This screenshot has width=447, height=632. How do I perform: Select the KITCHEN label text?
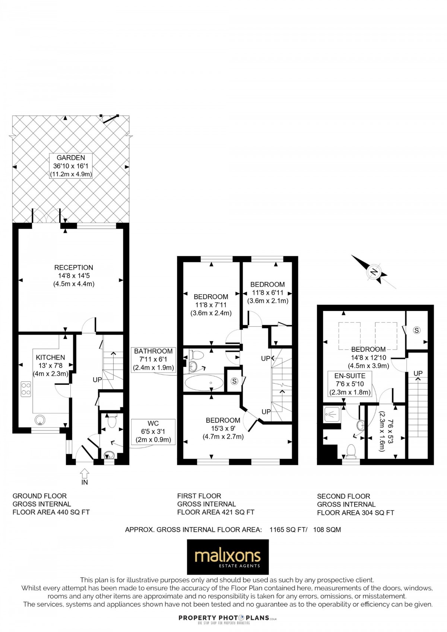[51, 358]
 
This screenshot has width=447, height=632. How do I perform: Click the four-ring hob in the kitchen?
[26, 389]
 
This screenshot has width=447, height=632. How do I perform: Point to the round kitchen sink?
[39, 420]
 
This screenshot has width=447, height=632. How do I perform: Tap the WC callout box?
[153, 432]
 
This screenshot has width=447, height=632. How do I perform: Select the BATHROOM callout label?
[153, 359]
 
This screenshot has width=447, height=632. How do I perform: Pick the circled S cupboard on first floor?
[234, 381]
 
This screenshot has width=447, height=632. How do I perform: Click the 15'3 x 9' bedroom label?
[223, 428]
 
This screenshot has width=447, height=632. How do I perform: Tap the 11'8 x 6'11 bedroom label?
[267, 292]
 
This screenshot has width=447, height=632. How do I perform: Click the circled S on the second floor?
[416, 330]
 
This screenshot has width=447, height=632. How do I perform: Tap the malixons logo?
[228, 557]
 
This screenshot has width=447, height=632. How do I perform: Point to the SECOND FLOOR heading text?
[343, 496]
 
